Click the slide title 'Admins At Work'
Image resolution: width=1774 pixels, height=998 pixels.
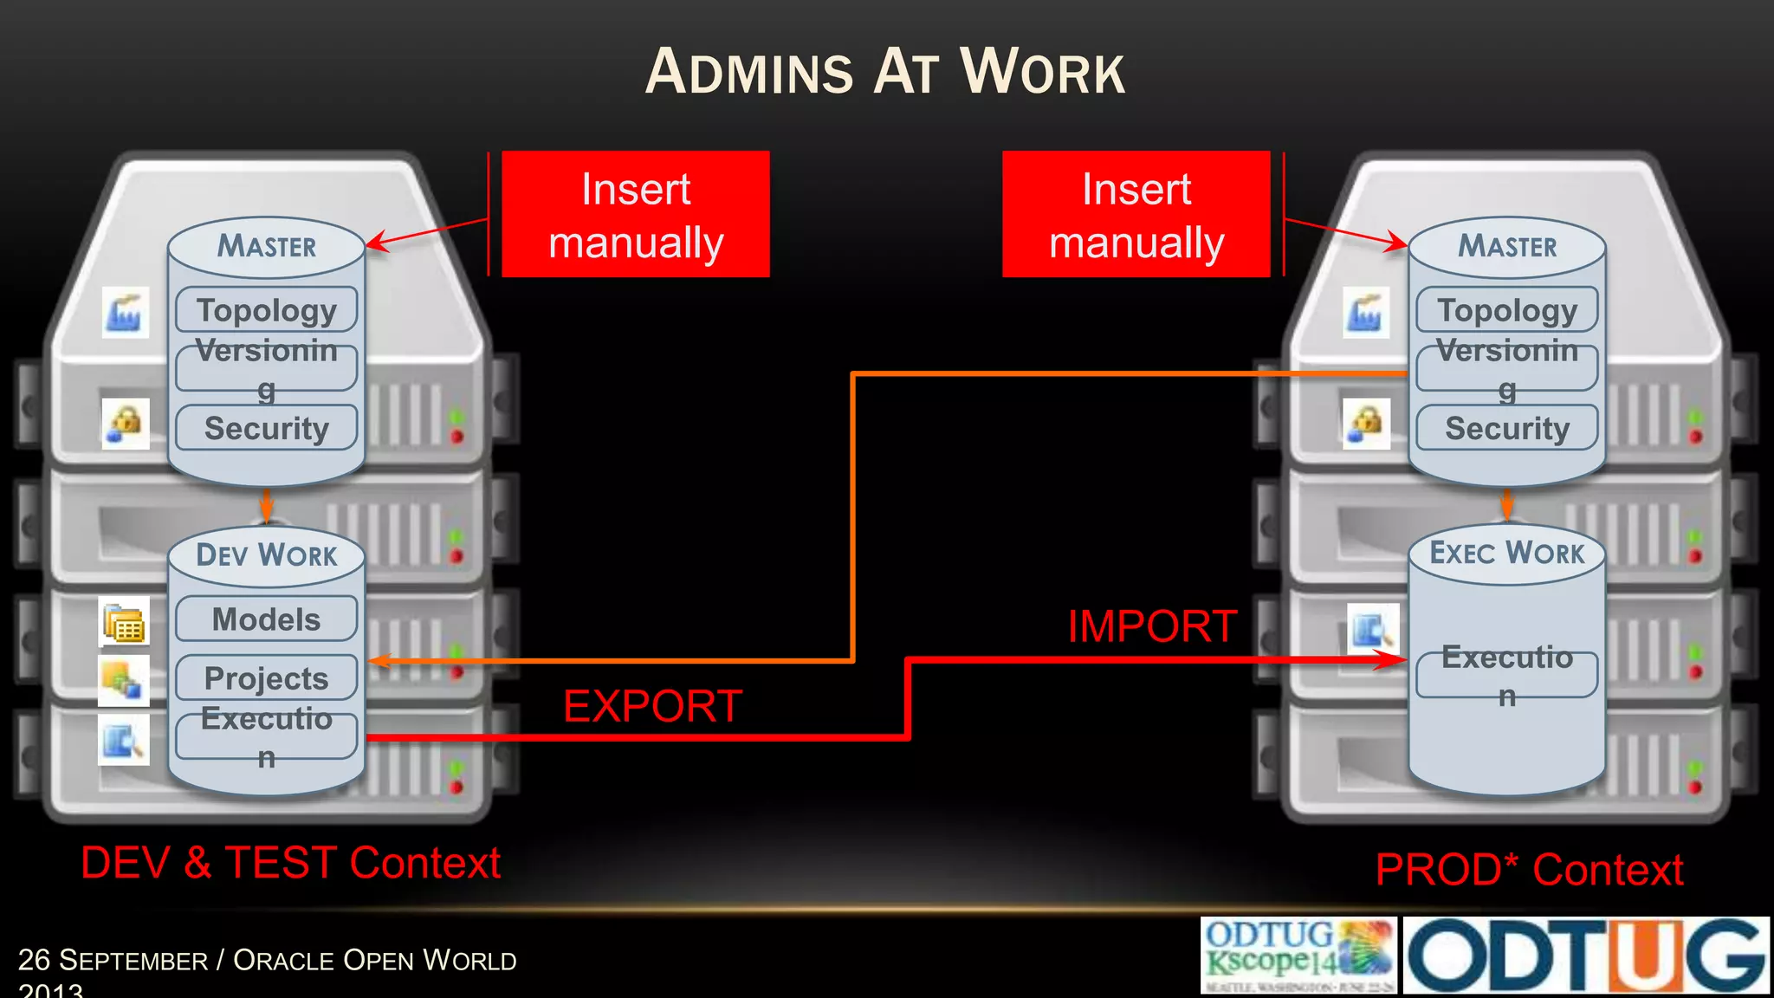pos(885,72)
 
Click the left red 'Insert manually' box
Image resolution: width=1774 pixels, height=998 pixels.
pos(636,214)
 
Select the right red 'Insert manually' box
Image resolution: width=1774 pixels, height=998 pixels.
pos(1136,214)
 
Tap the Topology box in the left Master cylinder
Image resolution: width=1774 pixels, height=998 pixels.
pos(267,310)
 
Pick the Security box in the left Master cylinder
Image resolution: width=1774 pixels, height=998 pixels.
pos(267,428)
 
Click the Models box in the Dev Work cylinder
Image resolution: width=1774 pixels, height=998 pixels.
pos(267,619)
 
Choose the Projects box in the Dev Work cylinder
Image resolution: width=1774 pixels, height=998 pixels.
pos(267,678)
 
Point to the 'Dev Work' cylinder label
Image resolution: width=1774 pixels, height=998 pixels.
pos(267,554)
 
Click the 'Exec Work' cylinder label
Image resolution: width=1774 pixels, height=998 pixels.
pos(1506,553)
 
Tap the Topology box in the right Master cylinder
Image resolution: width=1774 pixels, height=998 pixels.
pos(1507,310)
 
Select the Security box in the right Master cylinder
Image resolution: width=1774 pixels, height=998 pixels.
pos(1507,428)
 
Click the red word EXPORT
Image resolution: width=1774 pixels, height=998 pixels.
pos(652,706)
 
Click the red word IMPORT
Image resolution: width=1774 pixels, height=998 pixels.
pos(1152,626)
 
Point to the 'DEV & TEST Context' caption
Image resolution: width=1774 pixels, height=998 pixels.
pos(291,863)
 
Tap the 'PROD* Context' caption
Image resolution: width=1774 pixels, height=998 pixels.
pos(1529,869)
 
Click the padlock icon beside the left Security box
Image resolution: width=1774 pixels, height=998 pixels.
pos(126,424)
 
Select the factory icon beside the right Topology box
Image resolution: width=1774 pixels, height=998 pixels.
pos(1366,313)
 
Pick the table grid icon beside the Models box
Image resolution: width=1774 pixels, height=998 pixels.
pos(124,622)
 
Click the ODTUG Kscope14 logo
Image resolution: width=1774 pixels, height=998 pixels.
pos(1298,956)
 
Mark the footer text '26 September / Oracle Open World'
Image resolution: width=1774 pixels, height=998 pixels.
pos(267,961)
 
